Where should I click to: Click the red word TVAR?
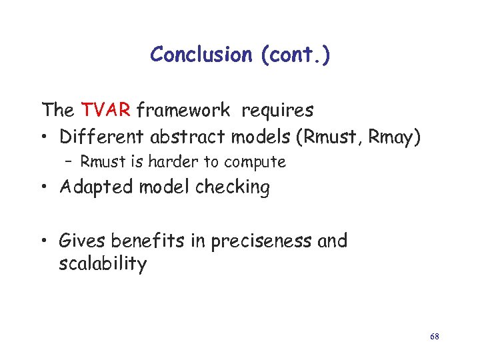click(x=107, y=109)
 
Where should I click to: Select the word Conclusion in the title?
click(x=200, y=54)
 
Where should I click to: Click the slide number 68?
click(x=434, y=337)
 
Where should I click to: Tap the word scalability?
click(x=103, y=264)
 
